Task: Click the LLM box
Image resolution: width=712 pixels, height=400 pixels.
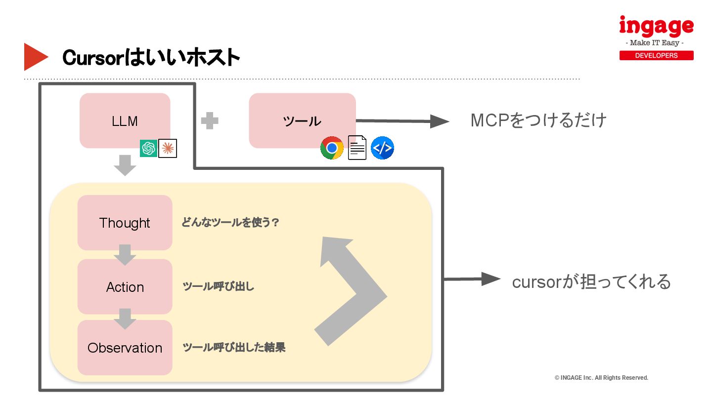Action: [125, 120]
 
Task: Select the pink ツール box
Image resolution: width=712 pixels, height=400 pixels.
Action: [302, 120]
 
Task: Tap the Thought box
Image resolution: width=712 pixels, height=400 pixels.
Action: [125, 223]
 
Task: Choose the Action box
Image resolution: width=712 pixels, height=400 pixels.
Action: [125, 287]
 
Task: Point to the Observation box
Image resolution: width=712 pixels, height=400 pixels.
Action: [125, 348]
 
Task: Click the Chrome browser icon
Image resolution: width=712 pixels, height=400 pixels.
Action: [332, 148]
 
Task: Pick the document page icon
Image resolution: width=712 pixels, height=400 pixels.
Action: [357, 148]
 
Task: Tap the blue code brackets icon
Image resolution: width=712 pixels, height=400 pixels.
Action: [382, 148]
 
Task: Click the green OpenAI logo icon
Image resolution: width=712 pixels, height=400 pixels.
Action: [148, 148]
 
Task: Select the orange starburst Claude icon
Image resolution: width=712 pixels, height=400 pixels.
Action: [168, 148]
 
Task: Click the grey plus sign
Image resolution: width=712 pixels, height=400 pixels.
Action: [210, 120]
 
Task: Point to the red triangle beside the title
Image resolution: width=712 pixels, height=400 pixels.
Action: [35, 57]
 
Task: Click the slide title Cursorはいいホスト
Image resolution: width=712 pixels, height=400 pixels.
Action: [151, 58]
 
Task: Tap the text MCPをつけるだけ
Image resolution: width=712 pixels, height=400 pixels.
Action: [538, 120]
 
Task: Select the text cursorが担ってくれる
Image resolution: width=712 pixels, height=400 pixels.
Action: [591, 281]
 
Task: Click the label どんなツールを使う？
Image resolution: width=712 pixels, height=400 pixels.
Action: [230, 223]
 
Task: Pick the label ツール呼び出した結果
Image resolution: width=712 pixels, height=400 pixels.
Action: [234, 348]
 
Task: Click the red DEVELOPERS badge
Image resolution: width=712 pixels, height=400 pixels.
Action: [656, 55]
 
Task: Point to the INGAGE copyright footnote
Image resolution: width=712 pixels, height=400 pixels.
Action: [601, 378]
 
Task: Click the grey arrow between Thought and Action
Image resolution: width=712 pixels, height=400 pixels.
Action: [125, 254]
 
